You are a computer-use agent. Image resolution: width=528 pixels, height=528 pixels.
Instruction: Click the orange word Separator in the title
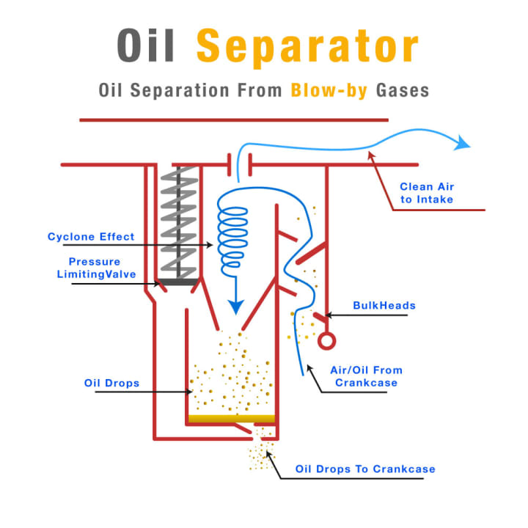coord(307,48)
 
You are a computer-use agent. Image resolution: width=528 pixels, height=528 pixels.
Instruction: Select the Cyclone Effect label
coord(91,236)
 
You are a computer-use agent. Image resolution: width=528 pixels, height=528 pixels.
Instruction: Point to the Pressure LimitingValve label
coord(94,267)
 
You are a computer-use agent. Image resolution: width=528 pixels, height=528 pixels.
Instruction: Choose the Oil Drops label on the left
coord(112,383)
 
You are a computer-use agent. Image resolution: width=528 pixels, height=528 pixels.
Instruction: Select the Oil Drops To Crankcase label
coord(364,469)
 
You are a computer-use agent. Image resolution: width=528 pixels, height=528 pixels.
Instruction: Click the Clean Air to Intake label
coord(426,192)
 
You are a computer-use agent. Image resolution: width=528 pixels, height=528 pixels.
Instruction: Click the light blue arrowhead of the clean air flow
coord(461,142)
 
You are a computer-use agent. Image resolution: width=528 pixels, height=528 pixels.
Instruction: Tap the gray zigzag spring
coord(179,220)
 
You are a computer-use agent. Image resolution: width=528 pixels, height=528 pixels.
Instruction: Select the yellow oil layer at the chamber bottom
coord(232,419)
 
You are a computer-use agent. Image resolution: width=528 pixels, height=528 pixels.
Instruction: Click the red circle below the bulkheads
coord(326,341)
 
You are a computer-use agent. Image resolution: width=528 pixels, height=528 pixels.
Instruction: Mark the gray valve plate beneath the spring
coord(177,281)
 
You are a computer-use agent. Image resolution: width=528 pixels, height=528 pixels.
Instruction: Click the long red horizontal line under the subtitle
coord(233,119)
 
